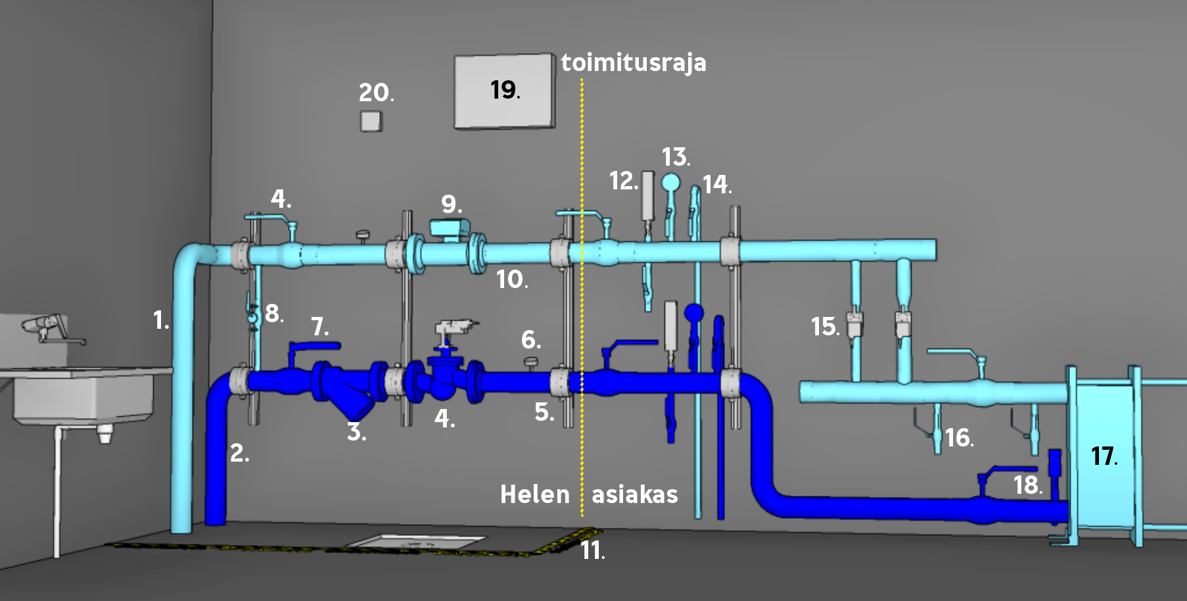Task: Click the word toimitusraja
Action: (634, 63)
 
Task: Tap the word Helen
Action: (535, 494)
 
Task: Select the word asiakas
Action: (635, 494)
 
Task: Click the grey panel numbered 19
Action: (504, 91)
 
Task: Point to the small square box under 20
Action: (371, 121)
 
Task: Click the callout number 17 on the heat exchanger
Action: (1104, 456)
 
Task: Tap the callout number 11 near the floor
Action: (592, 550)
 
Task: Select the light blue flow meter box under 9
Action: (450, 228)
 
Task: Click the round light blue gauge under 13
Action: (670, 181)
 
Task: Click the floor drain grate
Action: (416, 542)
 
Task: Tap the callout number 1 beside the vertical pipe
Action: (161, 320)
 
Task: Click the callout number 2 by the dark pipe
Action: (239, 453)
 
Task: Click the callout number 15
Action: (825, 327)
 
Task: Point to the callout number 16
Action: (959, 438)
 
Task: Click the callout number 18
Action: (1027, 485)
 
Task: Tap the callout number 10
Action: (512, 280)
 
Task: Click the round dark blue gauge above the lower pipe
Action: (693, 313)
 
